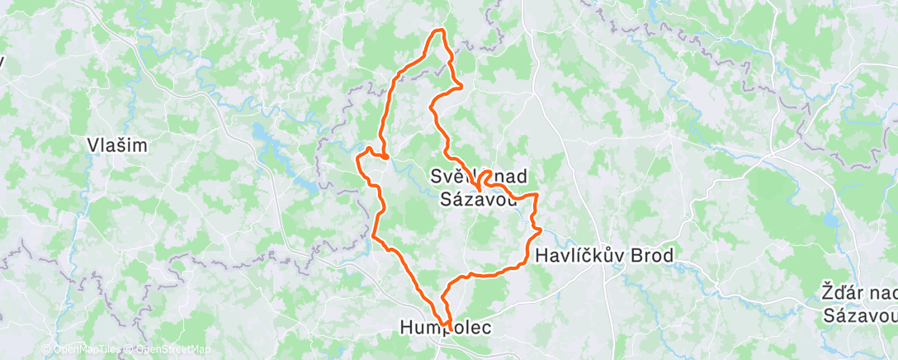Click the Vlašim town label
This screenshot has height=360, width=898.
pos(117,145)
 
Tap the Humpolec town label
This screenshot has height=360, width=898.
pos(446,328)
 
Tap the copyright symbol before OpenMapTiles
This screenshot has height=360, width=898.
pos(45,349)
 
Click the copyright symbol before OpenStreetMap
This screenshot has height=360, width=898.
pos(130,349)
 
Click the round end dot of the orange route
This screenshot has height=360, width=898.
pos(385,155)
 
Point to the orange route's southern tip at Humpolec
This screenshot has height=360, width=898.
pos(447,324)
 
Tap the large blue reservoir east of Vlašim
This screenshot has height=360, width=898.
pos(262,130)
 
